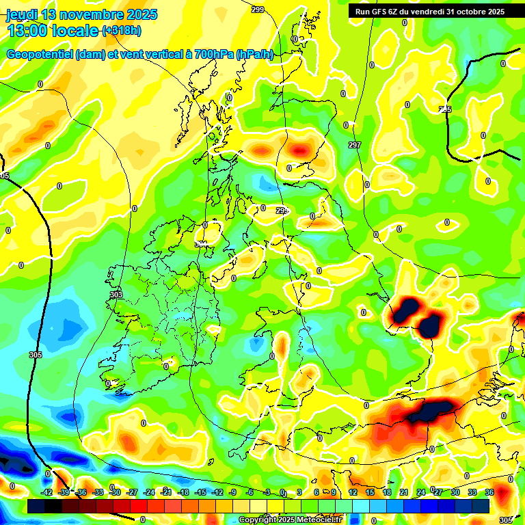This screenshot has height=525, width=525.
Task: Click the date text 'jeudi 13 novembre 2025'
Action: (82, 14)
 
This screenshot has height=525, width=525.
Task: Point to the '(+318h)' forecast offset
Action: (122, 30)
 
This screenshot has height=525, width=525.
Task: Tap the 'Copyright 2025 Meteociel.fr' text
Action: (290, 520)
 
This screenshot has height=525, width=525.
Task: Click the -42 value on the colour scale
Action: (47, 492)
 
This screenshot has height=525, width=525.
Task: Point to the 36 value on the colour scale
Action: (489, 492)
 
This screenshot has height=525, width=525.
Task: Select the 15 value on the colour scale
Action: (369, 492)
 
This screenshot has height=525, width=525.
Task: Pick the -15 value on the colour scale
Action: (200, 492)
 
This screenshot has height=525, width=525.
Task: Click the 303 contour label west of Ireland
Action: (116, 295)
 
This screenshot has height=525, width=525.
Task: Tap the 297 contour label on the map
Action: (354, 145)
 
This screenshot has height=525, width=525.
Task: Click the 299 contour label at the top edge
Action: (257, 10)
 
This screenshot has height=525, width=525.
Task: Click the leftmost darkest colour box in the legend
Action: (36, 506)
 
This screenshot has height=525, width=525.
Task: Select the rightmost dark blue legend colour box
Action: (481, 506)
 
